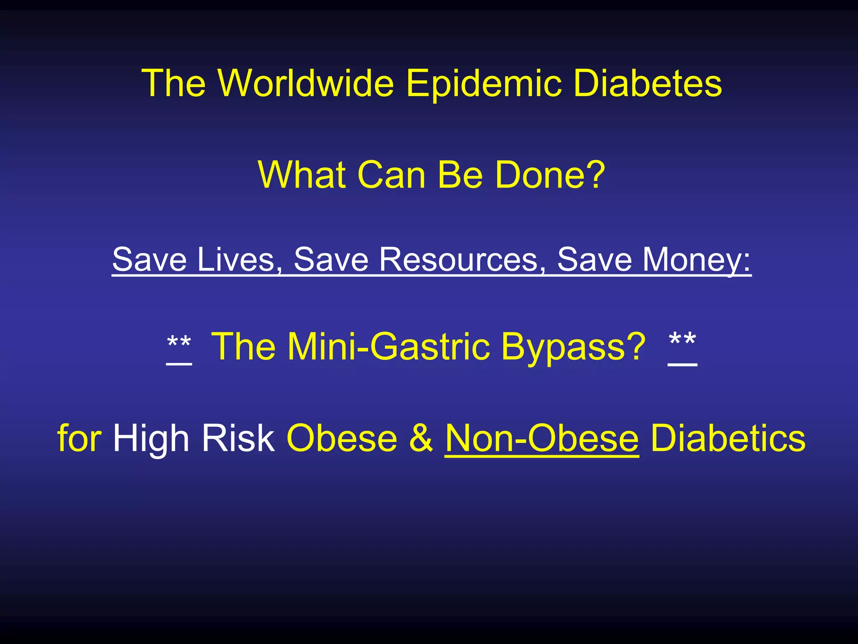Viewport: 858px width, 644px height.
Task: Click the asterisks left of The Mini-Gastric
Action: pyautogui.click(x=179, y=346)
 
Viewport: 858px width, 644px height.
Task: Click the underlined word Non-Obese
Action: pyautogui.click(x=542, y=438)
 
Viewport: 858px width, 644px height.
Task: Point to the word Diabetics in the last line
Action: pyautogui.click(x=728, y=438)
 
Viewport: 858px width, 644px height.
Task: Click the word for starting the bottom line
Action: pyautogui.click(x=79, y=438)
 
